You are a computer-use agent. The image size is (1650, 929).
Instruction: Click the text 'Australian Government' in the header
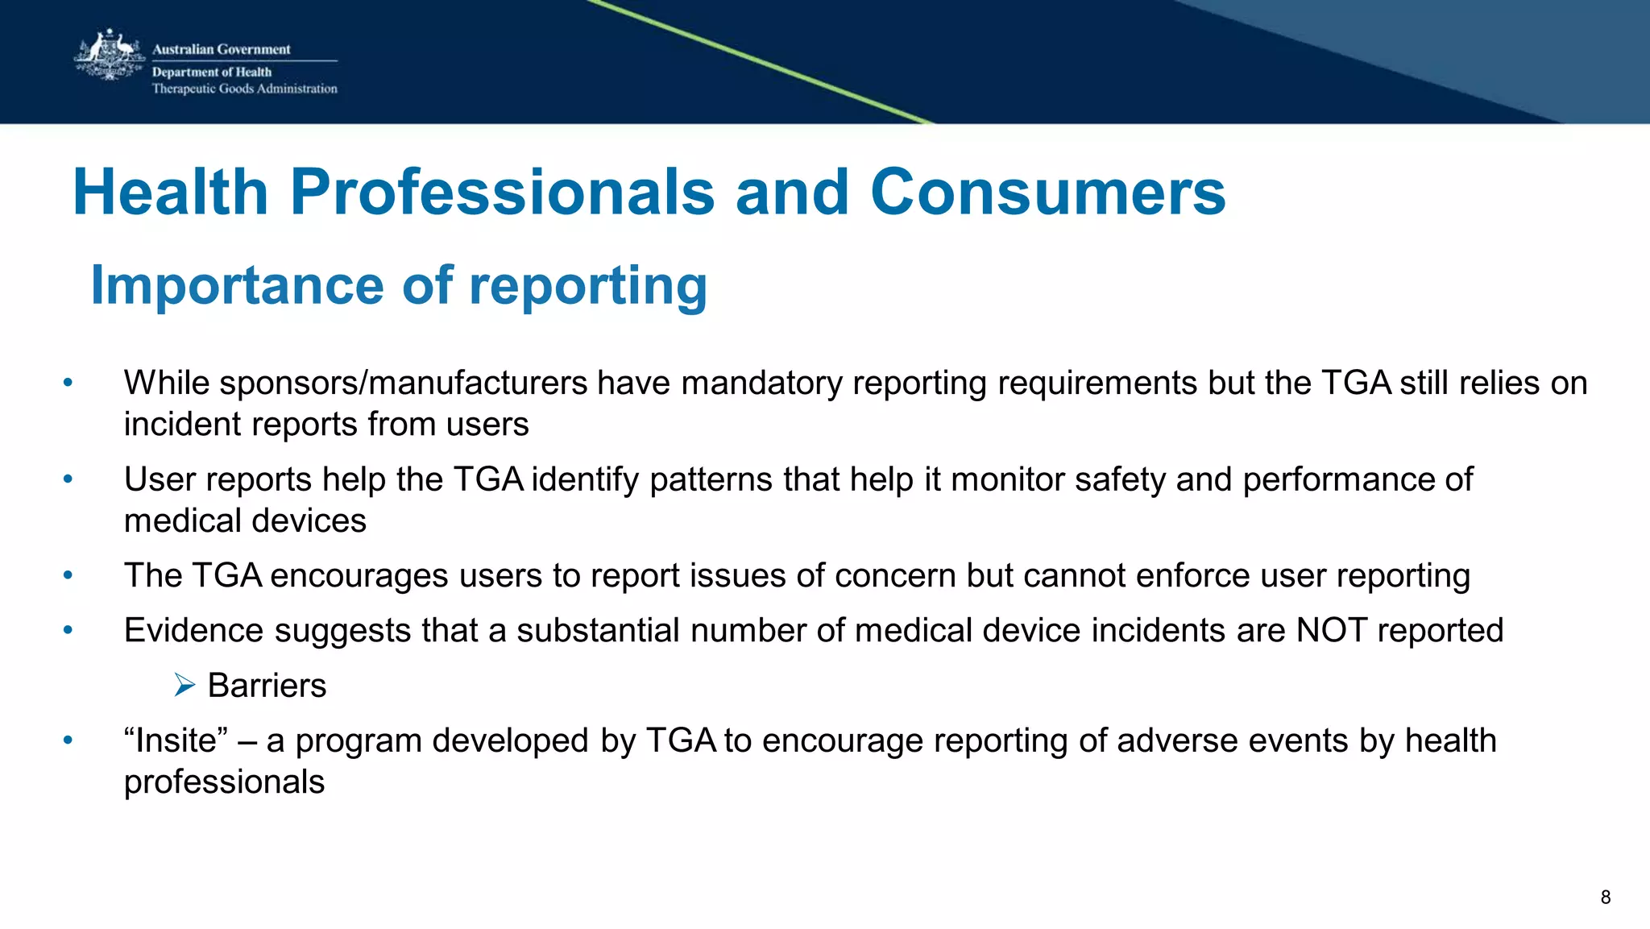tap(221, 49)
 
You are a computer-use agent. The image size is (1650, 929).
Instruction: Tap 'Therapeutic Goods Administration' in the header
tap(244, 89)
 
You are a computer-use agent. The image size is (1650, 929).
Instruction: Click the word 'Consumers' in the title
tap(1047, 193)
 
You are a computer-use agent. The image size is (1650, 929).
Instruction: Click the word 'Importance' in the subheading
tap(238, 285)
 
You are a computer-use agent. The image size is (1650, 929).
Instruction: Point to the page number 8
tap(1605, 898)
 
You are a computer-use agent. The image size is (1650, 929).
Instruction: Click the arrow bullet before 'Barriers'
tap(184, 686)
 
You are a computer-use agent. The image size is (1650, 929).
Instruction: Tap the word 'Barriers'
tap(267, 686)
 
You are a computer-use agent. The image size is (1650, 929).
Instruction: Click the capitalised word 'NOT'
tap(1332, 630)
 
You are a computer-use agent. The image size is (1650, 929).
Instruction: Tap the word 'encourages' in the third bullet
tap(359, 575)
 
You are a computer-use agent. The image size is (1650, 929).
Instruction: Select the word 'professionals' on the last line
tap(224, 782)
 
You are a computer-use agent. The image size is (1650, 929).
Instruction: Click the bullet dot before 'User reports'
tap(68, 480)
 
